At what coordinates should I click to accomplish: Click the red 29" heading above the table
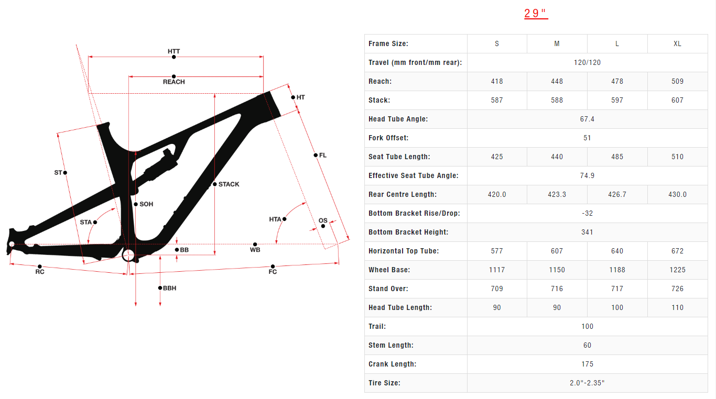pyautogui.click(x=536, y=14)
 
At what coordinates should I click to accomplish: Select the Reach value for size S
pyautogui.click(x=497, y=81)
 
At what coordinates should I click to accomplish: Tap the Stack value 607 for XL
pyautogui.click(x=677, y=100)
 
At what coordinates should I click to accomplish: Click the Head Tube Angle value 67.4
pyautogui.click(x=587, y=119)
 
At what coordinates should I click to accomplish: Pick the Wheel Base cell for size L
pyautogui.click(x=617, y=270)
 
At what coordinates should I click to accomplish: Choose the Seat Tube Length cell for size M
pyautogui.click(x=557, y=157)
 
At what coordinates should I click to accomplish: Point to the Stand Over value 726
pyautogui.click(x=677, y=289)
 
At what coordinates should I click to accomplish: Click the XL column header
pyautogui.click(x=677, y=43)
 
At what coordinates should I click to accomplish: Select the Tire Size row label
pyautogui.click(x=384, y=383)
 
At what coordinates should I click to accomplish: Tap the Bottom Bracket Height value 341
pyautogui.click(x=587, y=232)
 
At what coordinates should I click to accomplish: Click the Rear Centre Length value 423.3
pyautogui.click(x=557, y=194)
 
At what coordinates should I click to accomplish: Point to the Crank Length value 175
pyautogui.click(x=587, y=364)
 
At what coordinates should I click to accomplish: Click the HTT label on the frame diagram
pyautogui.click(x=174, y=51)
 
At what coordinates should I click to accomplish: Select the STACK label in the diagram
pyautogui.click(x=229, y=184)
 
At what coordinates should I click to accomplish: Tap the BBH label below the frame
pyautogui.click(x=169, y=288)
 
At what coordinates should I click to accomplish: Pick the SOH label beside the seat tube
pyautogui.click(x=146, y=204)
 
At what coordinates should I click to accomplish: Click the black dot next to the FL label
pyautogui.click(x=316, y=155)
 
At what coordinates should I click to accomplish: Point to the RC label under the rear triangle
pyautogui.click(x=40, y=272)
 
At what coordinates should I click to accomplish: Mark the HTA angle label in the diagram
pyautogui.click(x=275, y=219)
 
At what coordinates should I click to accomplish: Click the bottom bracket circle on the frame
pyautogui.click(x=128, y=256)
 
